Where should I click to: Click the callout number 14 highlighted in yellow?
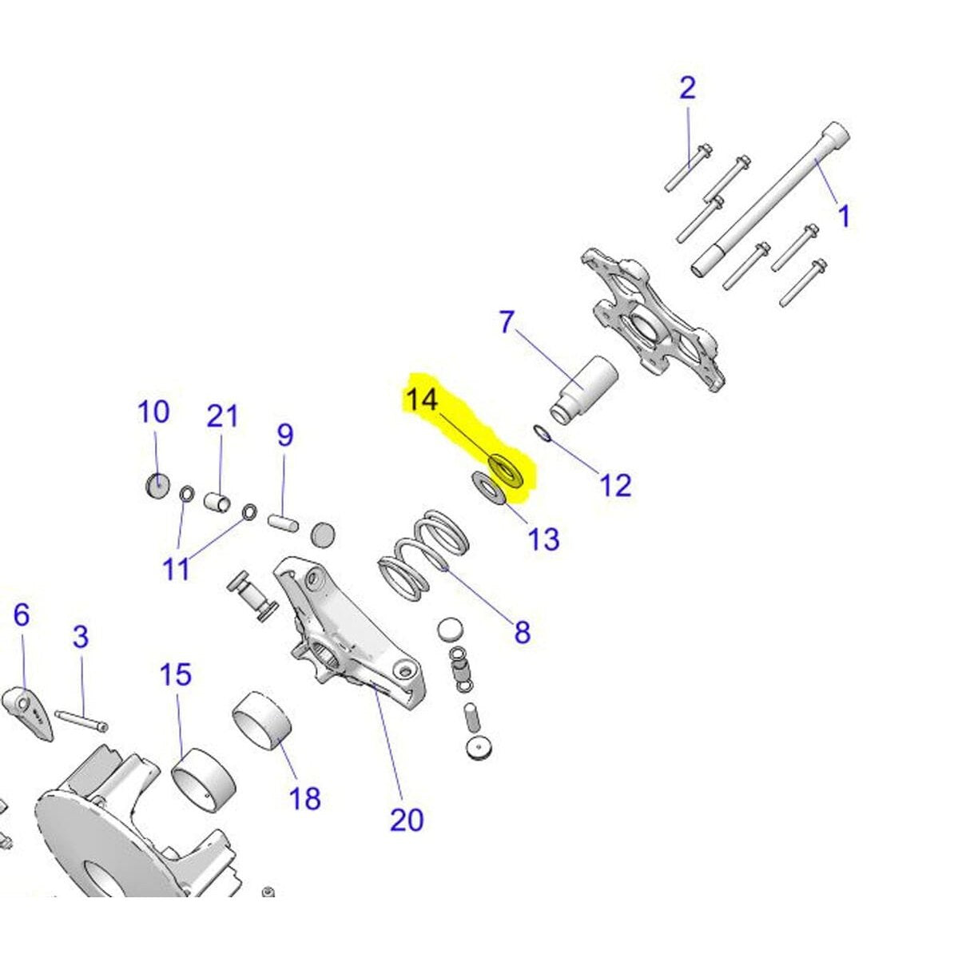(422, 399)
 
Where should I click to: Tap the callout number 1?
(844, 217)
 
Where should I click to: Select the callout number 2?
(687, 89)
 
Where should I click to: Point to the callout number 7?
(507, 323)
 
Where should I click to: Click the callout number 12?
(615, 486)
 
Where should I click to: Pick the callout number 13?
(543, 539)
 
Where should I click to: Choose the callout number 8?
(522, 632)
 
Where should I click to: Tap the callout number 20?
(407, 821)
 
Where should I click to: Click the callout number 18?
(304, 798)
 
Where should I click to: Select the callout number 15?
(175, 674)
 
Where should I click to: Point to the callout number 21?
(222, 417)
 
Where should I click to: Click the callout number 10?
(153, 412)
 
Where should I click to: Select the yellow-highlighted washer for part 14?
(505, 471)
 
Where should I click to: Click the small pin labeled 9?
(283, 523)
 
